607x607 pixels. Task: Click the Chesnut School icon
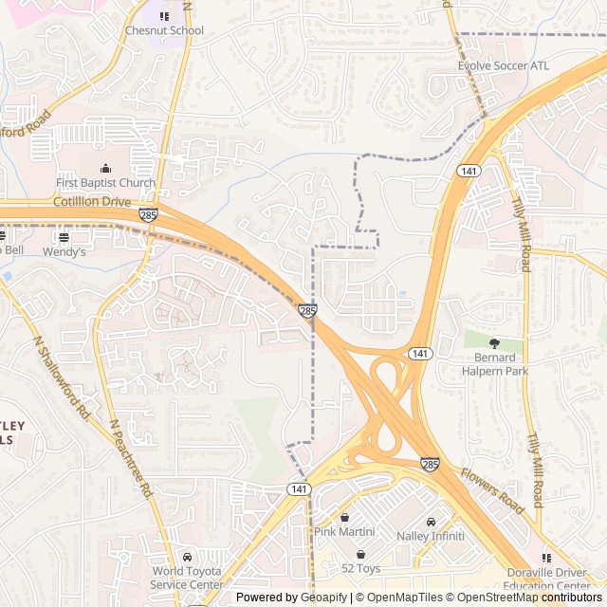pos(164,16)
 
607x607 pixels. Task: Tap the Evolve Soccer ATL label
pos(503,66)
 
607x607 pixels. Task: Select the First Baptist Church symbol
pos(105,168)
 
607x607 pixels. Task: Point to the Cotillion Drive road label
pos(93,202)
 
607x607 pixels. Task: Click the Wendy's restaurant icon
pos(64,237)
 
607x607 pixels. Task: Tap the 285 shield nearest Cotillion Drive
pos(148,216)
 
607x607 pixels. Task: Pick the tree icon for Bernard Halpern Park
pos(493,342)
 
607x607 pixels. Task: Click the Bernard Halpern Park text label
pos(494,364)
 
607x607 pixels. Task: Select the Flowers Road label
pos(492,490)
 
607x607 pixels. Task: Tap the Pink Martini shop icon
pos(345,518)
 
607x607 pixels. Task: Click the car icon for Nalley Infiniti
pos(431,522)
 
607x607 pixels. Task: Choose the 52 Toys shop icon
pos(360,554)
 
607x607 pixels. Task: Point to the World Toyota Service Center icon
pos(187,557)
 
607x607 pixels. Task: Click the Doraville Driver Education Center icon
pos(546,558)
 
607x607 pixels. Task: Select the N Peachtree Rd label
pos(131,459)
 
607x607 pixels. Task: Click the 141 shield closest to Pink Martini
pos(299,487)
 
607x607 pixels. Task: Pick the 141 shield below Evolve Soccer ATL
pos(467,171)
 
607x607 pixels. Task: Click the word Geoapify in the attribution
pos(324,598)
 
